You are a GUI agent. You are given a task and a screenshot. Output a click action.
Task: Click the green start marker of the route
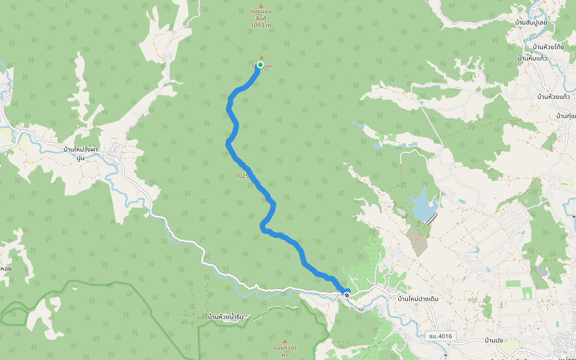[260, 65]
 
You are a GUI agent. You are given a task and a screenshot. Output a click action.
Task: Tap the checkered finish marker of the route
[346, 294]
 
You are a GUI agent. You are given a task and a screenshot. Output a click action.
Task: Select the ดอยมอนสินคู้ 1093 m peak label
[260, 18]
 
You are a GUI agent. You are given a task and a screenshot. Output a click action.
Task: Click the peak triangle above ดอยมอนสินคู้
[261, 5]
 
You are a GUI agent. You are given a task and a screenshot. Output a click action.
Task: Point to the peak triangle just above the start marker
[261, 58]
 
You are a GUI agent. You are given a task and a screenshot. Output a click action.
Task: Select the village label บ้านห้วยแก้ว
[553, 97]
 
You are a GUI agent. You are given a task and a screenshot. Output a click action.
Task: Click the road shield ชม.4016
[440, 336]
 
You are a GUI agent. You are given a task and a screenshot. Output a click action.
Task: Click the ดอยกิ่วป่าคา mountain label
[284, 351]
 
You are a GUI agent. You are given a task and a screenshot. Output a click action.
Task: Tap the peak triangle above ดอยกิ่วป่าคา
[285, 325]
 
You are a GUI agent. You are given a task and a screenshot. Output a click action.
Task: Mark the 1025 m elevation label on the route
[245, 176]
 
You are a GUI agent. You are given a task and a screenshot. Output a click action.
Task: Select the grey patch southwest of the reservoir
[418, 239]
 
